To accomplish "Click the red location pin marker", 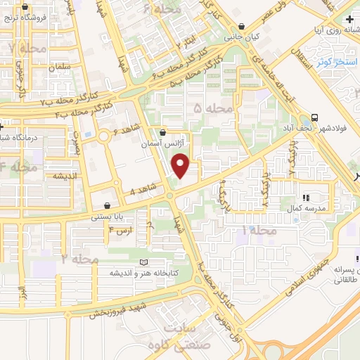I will pyautogui.click(x=181, y=166).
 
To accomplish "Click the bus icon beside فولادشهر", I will pyautogui.click(x=316, y=118).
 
